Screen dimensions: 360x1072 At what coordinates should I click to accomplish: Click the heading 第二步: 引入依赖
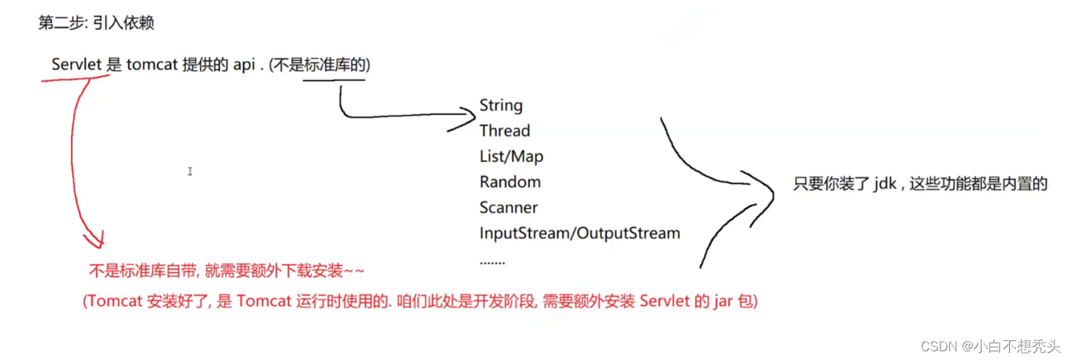click(x=96, y=23)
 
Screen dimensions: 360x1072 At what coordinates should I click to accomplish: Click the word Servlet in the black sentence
click(x=77, y=64)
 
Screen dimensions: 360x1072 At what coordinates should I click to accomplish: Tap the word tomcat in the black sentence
click(x=152, y=64)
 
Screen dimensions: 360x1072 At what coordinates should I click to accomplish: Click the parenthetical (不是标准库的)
click(x=320, y=64)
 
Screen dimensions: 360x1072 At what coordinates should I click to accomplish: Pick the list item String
click(x=501, y=105)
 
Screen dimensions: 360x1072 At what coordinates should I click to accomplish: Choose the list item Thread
click(x=505, y=131)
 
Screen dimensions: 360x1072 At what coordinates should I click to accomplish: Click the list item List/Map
click(x=511, y=156)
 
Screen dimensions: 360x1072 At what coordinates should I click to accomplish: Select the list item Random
click(x=510, y=182)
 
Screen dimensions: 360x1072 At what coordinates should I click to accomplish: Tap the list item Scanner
click(x=508, y=207)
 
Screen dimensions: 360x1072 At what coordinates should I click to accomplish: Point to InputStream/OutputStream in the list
click(x=579, y=233)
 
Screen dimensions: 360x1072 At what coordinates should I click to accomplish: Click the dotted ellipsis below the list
click(x=492, y=260)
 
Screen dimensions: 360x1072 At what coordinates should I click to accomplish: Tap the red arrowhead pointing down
click(x=96, y=240)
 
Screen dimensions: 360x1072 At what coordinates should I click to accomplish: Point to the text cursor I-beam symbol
click(x=190, y=172)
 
